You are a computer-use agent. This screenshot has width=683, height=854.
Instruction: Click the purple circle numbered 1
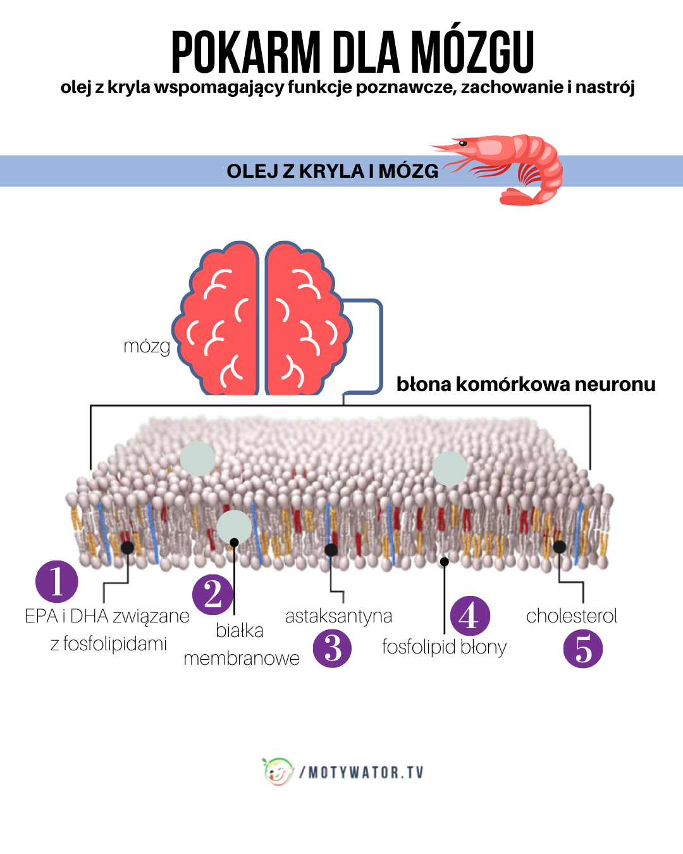coord(57,581)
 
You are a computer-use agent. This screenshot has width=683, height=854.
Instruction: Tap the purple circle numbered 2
coord(213,594)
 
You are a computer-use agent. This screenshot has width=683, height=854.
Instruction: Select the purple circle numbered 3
coord(332,648)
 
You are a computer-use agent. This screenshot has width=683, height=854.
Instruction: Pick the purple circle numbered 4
coord(470,616)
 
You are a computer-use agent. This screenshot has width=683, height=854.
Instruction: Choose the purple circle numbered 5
coord(583,648)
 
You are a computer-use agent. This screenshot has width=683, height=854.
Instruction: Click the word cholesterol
coord(571,616)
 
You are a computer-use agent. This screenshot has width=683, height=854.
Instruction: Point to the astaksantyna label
coord(338,616)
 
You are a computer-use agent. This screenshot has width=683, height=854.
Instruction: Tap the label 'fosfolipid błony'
coord(444,647)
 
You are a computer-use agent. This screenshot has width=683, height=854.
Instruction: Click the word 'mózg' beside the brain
coord(147,346)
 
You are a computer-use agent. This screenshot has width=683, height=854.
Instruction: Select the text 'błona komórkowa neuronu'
coord(526,384)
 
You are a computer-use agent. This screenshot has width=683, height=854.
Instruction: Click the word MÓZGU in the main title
coord(472,53)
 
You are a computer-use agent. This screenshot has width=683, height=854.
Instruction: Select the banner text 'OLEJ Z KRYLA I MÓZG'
coord(332,171)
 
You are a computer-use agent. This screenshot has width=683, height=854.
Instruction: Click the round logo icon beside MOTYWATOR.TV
coord(278,771)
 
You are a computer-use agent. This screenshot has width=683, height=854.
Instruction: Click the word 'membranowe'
coord(242,658)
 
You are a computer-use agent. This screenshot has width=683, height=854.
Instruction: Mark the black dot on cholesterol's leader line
coord(559,547)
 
